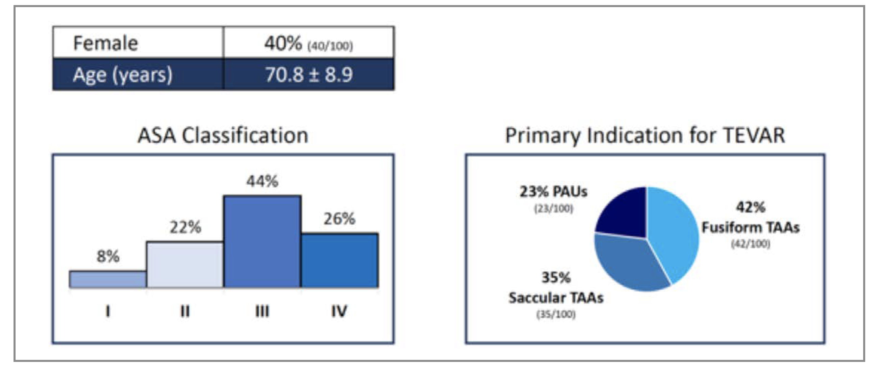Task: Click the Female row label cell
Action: click(x=138, y=43)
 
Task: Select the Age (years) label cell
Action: click(x=138, y=74)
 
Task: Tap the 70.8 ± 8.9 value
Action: click(x=309, y=74)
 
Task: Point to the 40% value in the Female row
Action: click(x=283, y=43)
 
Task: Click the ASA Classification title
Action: click(x=223, y=136)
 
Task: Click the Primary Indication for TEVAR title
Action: click(x=645, y=136)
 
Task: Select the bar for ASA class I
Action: click(x=108, y=279)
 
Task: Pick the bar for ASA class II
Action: click(x=185, y=265)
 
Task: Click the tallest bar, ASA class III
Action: click(x=262, y=242)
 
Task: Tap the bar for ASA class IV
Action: click(x=340, y=261)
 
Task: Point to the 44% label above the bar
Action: click(x=262, y=181)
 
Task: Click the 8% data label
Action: click(x=108, y=256)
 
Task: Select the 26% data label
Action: click(x=339, y=219)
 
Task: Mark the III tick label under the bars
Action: click(x=262, y=311)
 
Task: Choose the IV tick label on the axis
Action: click(x=339, y=311)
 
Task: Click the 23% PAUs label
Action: click(x=553, y=192)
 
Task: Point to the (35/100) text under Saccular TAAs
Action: click(x=556, y=315)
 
